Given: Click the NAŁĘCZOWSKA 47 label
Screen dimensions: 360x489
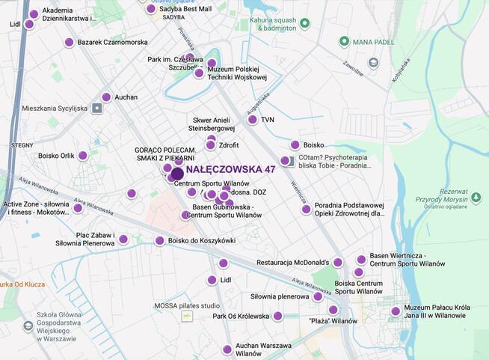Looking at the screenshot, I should tap(230, 170).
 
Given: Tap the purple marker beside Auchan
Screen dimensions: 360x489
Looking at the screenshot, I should tap(106, 97).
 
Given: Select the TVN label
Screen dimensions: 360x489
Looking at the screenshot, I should tap(268, 120).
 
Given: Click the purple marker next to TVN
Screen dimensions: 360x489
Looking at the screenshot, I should tap(253, 120).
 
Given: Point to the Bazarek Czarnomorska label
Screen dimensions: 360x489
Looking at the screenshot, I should tap(112, 43).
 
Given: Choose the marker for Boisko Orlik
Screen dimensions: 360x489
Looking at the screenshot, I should tap(83, 156).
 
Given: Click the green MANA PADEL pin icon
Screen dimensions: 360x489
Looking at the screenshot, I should tap(345, 42).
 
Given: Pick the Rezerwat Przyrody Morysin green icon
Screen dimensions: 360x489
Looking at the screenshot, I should tap(476, 198).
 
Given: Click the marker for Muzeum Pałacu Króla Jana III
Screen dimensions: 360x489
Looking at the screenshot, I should tap(396, 311).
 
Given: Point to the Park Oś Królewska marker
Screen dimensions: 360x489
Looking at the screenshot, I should tap(278, 317).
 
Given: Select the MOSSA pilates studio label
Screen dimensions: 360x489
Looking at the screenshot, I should tap(187, 305).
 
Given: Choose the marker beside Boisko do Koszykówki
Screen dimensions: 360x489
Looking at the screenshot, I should tap(159, 241).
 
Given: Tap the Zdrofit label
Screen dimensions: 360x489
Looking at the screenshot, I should tap(229, 145).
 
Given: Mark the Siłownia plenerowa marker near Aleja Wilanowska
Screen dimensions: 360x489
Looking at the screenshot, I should tap(318, 296).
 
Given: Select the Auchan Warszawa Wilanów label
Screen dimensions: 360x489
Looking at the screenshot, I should tap(263, 350).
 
